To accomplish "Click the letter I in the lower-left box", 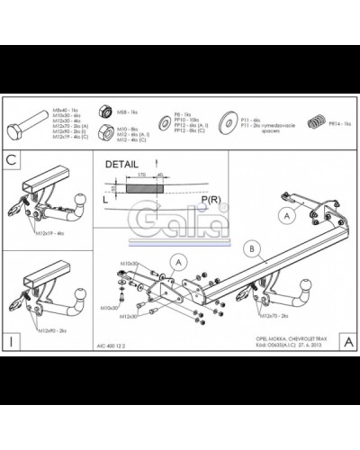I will [10, 342].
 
